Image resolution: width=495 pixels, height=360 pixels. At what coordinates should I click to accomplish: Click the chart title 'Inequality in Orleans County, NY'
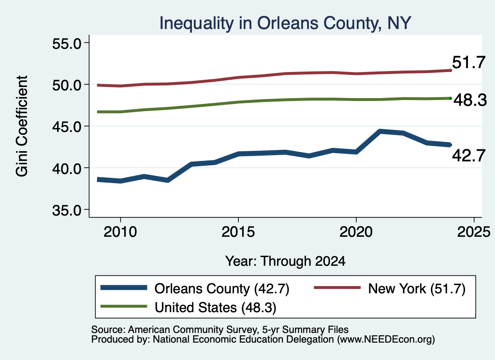285,23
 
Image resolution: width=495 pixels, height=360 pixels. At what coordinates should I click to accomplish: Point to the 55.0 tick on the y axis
67,43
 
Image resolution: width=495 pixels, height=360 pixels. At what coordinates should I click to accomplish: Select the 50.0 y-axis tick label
67,85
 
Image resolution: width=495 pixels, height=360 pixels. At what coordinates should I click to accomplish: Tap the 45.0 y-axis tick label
67,127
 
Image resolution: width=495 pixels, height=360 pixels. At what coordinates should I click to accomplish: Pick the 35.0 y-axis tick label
67,210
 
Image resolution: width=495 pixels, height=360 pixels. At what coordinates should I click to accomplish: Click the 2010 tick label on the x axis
120,232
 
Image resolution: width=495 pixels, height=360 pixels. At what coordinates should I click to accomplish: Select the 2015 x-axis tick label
238,232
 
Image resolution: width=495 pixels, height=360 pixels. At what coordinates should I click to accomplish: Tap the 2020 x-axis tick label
356,232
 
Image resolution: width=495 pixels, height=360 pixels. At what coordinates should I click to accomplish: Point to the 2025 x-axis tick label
474,232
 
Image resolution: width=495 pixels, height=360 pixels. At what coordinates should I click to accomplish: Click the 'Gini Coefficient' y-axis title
22,126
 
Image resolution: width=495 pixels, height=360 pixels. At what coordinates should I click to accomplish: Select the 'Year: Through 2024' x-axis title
285,261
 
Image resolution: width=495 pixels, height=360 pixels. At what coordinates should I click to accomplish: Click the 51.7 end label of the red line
468,62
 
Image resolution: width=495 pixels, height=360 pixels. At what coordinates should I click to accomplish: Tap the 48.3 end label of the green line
470,100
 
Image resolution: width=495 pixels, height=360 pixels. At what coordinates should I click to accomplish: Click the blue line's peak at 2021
380,131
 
